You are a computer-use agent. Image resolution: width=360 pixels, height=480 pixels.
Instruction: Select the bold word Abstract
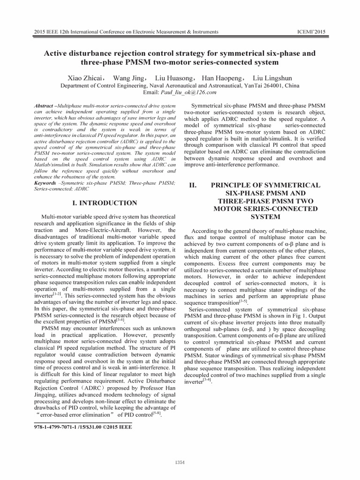pyautogui.click(x=44, y=107)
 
